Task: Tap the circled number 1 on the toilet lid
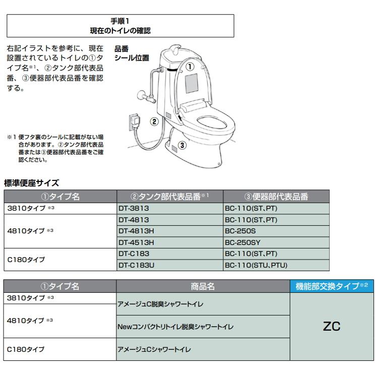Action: tap(191, 66)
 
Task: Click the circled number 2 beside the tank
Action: tap(155, 121)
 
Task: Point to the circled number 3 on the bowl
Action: tap(182, 146)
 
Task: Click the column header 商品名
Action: tap(203, 286)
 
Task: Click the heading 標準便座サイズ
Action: tap(32, 182)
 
